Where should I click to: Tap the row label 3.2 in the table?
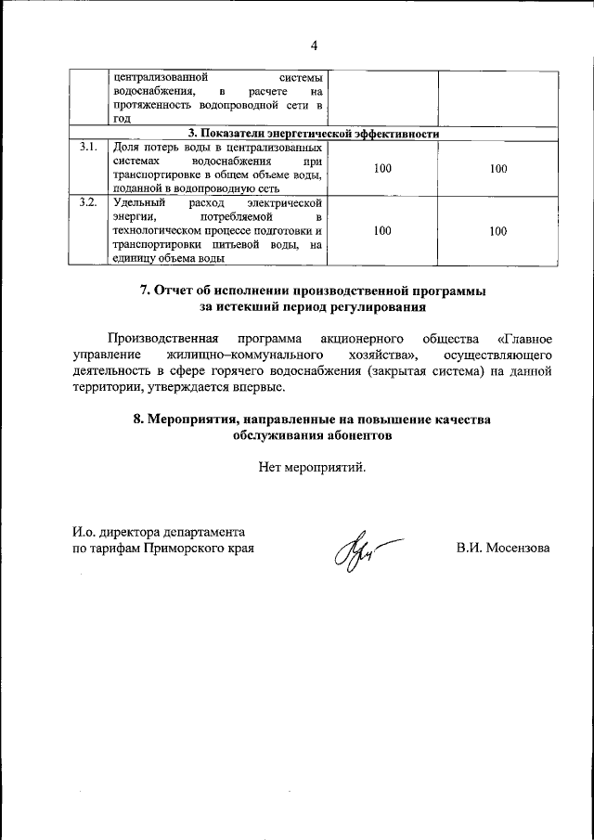pyautogui.click(x=88, y=201)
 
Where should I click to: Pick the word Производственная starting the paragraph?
pyautogui.click(x=162, y=338)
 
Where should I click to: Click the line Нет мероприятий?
pyautogui.click(x=313, y=467)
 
